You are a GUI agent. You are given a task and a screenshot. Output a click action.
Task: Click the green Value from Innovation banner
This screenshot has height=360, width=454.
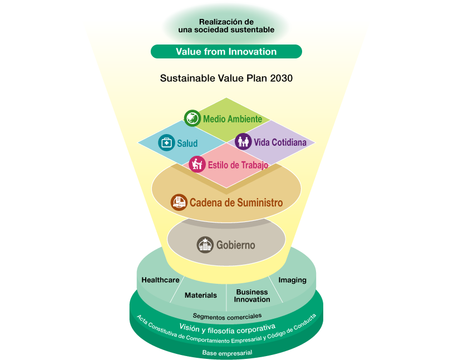226,52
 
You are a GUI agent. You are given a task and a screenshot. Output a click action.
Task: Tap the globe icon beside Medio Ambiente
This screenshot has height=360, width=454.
193,118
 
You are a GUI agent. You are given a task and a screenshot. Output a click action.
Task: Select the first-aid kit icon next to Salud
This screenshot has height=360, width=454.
166,142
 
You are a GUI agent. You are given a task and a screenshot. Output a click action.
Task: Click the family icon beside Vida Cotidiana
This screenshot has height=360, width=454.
243,141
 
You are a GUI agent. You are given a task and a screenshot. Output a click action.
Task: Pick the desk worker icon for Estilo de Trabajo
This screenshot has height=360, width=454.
197,164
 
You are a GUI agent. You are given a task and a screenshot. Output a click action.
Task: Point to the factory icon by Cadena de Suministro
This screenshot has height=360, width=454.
179,202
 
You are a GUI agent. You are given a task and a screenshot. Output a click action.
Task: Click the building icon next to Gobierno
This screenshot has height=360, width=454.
205,245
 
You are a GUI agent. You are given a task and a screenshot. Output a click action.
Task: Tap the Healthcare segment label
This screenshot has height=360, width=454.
160,280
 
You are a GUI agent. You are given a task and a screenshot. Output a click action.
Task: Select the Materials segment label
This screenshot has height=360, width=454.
201,295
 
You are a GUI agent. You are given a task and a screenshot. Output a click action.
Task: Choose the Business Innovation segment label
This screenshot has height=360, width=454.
252,295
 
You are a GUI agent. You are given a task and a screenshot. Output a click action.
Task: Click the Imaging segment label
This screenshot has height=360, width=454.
293,280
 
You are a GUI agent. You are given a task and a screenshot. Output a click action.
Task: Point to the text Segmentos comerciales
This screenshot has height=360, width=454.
228,317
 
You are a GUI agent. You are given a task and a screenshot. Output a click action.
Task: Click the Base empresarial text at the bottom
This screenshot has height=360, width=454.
228,353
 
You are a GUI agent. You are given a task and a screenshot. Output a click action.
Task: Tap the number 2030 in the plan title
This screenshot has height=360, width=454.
281,78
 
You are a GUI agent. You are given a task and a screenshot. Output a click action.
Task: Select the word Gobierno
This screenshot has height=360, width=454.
236,245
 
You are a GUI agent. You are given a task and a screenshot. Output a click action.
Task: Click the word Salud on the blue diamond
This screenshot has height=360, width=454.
187,144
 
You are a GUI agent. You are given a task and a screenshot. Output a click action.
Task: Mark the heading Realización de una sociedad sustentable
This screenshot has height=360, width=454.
226,26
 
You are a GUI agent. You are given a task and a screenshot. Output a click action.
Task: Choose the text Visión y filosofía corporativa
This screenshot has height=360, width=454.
228,329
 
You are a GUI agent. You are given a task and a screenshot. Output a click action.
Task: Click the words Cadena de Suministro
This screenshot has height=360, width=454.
236,203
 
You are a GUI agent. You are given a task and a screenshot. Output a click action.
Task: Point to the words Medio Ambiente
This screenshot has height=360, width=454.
233,119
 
